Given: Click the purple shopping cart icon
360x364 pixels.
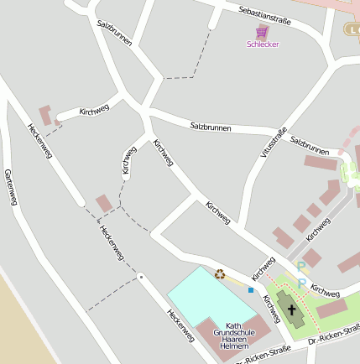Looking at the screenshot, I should tap(262, 32).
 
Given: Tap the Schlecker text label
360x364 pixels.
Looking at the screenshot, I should tap(263, 44).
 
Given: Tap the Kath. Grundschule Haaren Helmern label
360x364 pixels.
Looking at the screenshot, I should tap(231, 335).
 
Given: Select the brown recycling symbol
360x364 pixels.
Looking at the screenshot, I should tap(220, 273).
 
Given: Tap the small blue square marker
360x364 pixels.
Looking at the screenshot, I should tap(250, 290).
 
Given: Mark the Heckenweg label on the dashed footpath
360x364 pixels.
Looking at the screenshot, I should tap(111, 242).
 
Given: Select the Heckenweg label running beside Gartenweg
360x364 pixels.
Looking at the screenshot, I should tap(39, 142).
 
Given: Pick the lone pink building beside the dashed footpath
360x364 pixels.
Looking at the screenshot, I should tap(104, 204).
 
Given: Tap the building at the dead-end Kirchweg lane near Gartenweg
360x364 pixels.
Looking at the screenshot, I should tap(47, 115).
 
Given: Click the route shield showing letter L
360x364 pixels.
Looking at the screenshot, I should tap(351, 29).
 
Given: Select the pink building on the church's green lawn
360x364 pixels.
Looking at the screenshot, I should tap(332, 309).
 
